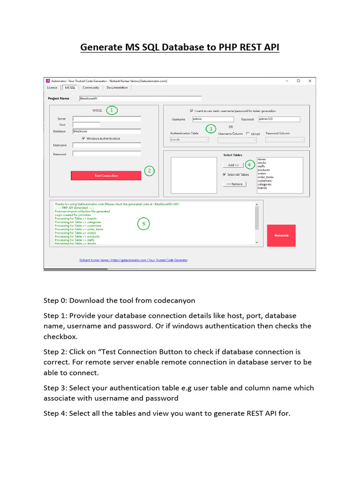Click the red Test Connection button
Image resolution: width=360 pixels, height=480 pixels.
coord(106,175)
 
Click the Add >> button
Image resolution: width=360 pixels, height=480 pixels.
coord(233,165)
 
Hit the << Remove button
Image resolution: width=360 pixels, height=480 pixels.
coord(234,184)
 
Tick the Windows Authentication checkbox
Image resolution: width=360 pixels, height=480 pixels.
coord(83,138)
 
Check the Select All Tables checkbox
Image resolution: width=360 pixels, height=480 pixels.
coord(225,174)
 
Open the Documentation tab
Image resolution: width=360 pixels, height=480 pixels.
coord(117,87)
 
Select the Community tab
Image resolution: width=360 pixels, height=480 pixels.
coord(91,87)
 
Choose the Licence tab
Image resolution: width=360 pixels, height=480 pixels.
coord(52,87)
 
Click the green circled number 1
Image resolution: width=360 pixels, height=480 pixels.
coord(111,110)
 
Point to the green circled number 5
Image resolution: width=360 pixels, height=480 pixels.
coord(144,224)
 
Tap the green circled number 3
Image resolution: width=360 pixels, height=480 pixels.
coord(211,129)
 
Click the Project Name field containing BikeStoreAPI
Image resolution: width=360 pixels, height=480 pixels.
coord(140,98)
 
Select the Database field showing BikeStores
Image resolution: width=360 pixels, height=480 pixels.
coord(106,132)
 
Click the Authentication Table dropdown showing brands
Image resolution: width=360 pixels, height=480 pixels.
coord(189,139)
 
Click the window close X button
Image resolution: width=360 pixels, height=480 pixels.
coord(310,81)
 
